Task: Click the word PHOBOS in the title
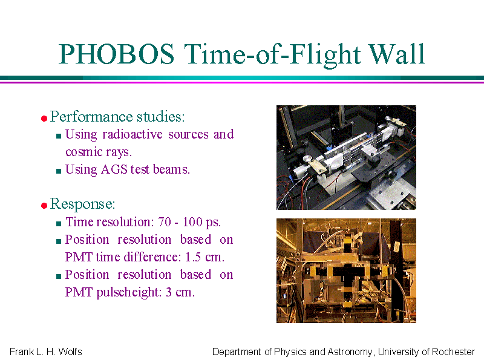(116, 54)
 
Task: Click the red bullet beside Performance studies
(44, 118)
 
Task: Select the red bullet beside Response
(44, 205)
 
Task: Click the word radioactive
(132, 134)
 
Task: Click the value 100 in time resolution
(192, 222)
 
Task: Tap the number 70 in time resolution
(165, 222)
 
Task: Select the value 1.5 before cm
(193, 257)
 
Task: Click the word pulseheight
(129, 292)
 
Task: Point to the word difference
(139, 257)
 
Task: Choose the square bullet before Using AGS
(59, 171)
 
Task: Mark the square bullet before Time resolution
(59, 223)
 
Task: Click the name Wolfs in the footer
(70, 352)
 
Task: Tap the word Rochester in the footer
(453, 352)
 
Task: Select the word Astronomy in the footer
(350, 352)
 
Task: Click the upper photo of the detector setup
(346, 157)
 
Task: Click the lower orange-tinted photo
(346, 270)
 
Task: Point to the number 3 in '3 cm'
(169, 292)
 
